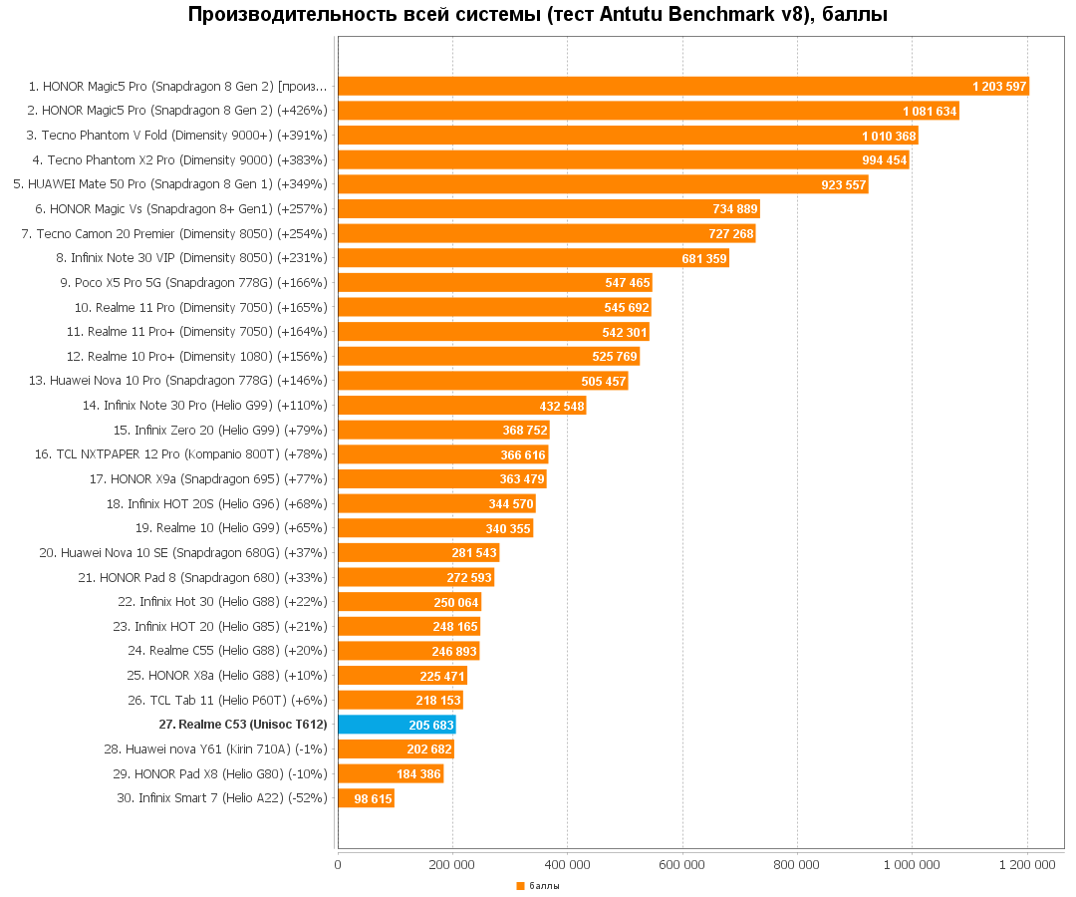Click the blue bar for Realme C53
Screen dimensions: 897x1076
pos(397,725)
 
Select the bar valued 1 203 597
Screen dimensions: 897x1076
pos(683,87)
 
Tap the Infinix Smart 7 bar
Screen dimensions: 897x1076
pos(366,798)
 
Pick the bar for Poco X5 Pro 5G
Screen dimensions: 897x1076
pos(495,282)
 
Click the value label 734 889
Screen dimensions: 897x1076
pos(735,209)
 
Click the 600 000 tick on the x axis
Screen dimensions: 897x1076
pos(681,865)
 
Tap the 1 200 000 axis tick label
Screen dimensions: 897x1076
pos(1026,865)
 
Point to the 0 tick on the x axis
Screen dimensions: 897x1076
pos(338,865)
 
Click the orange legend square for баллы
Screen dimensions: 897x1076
pos(520,886)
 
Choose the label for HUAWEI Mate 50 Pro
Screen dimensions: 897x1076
pos(170,184)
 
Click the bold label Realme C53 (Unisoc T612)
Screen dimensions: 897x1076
pos(243,725)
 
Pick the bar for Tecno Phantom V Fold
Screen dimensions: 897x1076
pos(628,136)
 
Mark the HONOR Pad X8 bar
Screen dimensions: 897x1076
pos(391,773)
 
